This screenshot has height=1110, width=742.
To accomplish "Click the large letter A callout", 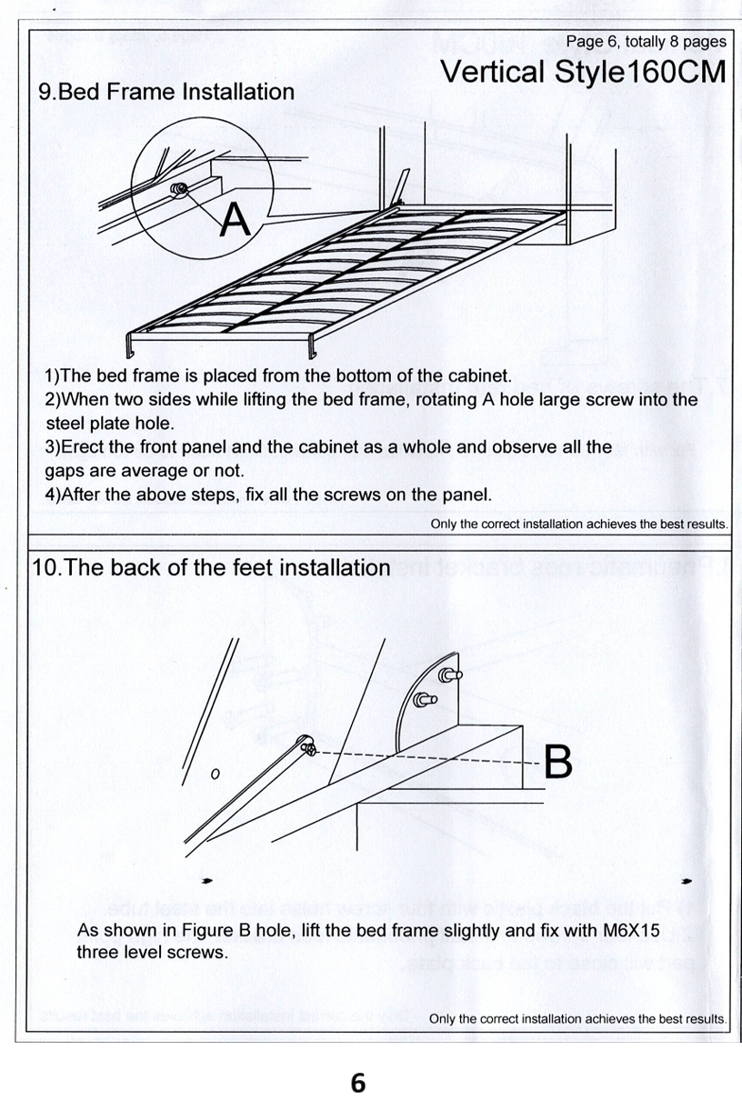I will (x=235, y=218).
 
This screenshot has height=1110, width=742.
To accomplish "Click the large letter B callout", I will (x=557, y=762).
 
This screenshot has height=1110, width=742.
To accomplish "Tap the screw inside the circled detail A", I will (x=179, y=191).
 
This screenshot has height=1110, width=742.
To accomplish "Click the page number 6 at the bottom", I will (x=357, y=1083).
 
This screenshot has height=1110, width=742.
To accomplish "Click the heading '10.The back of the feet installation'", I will (x=211, y=567).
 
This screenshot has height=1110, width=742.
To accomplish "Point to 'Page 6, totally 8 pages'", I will (x=646, y=41).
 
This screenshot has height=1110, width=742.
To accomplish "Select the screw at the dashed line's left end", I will (x=309, y=749).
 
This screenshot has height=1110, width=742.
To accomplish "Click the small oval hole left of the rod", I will (x=215, y=775).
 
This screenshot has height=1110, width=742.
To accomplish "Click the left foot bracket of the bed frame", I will (x=128, y=345).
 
